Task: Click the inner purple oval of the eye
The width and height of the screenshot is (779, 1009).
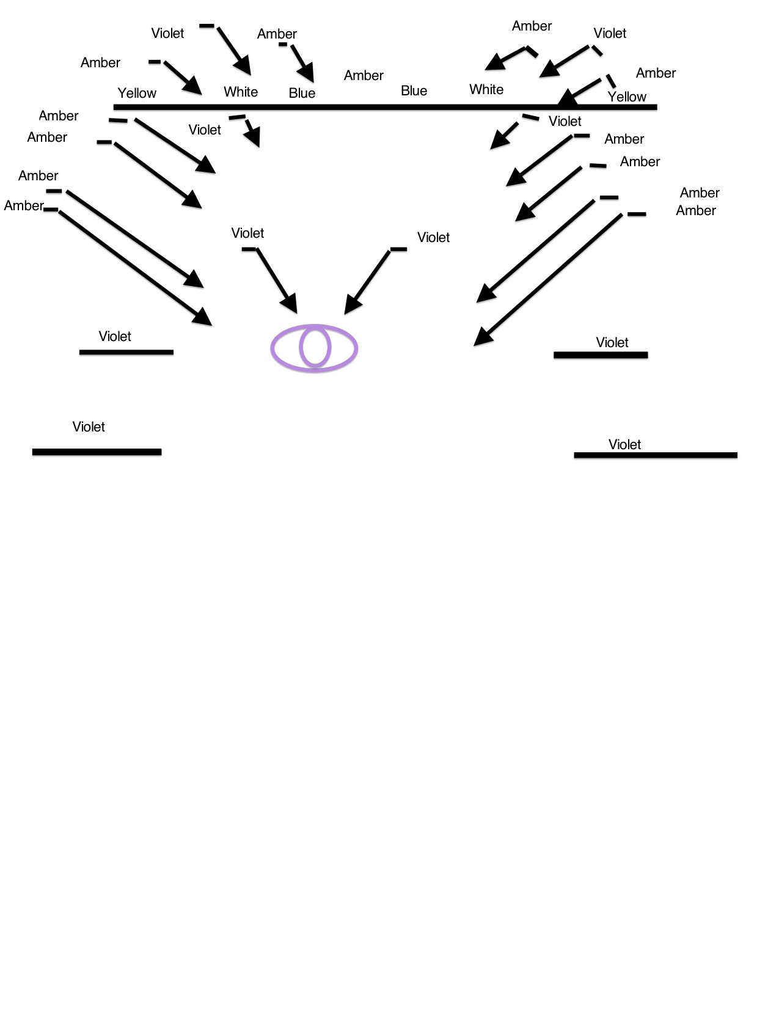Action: (315, 348)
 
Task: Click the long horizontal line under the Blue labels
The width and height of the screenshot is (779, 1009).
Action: (385, 107)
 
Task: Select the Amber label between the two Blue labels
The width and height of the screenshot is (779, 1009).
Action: (364, 75)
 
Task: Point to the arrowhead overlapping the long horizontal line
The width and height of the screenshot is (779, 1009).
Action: (568, 98)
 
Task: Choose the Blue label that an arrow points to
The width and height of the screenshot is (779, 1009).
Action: (302, 93)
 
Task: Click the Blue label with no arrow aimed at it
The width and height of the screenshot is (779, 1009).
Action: (414, 90)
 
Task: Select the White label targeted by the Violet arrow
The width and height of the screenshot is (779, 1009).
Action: (241, 92)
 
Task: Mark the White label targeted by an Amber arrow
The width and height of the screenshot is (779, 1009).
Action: (486, 89)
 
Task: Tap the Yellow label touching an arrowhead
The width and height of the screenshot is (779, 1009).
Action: (627, 97)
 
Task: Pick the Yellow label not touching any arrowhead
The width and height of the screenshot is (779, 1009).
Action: (137, 93)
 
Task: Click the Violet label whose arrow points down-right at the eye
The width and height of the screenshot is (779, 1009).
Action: (247, 233)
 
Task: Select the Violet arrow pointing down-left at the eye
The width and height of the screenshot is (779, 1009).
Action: (368, 281)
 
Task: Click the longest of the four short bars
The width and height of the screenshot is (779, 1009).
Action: (656, 455)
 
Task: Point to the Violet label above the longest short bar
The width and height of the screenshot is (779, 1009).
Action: (624, 444)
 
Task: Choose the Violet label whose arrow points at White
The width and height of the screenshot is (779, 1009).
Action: (167, 33)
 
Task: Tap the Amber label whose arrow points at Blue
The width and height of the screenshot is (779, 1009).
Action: (277, 34)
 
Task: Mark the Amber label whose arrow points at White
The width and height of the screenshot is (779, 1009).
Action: (532, 26)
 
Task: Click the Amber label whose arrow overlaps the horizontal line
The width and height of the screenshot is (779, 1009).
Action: (656, 73)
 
